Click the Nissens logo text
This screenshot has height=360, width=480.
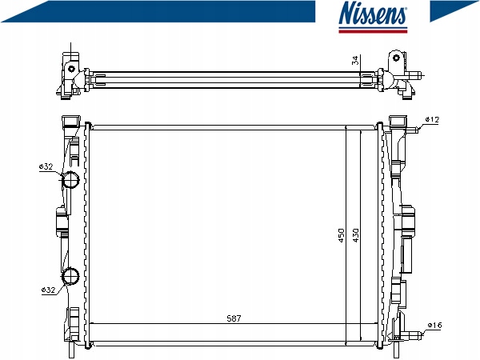[x=373, y=13]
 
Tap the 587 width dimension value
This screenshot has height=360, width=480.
[x=234, y=318]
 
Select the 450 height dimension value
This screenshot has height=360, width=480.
[x=342, y=235]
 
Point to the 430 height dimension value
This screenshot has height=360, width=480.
[x=355, y=235]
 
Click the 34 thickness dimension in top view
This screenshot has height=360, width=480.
[x=355, y=60]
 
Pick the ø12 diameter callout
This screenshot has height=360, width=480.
[x=432, y=119]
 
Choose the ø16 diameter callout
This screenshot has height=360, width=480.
[x=434, y=325]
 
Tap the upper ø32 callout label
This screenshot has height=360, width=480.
[x=46, y=166]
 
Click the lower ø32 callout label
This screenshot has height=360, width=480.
[x=48, y=290]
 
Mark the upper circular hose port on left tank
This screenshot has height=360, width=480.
[x=70, y=180]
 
